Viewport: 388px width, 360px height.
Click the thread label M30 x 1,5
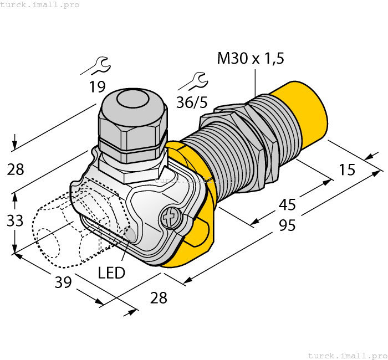pos(250,59)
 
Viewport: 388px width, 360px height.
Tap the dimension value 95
pos(287,225)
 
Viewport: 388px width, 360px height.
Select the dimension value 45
pos(287,205)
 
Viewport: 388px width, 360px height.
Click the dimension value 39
pos(64,282)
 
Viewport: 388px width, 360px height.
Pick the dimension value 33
pos(15,220)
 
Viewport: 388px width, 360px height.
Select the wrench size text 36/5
pos(191,102)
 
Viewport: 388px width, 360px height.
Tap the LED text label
pos(111,272)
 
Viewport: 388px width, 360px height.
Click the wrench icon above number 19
pos(96,66)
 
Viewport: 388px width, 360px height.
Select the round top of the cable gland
pos(132,101)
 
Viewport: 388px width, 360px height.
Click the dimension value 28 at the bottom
pos(159,298)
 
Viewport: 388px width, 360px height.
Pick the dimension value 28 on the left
pos(16,169)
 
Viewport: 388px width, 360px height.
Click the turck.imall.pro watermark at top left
pos(40,5)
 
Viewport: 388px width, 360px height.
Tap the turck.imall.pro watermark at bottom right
pos(347,355)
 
